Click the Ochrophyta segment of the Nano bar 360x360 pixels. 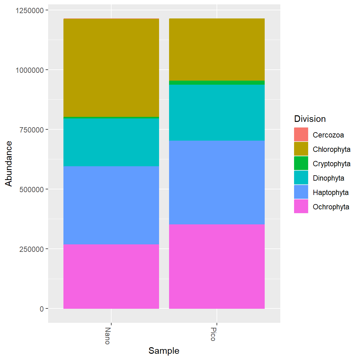111,276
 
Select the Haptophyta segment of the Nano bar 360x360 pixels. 111,205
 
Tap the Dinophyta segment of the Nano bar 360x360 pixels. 111,142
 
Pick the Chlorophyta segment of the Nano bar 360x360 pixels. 111,67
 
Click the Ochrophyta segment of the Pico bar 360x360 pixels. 217,266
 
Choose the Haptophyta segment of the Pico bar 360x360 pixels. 217,182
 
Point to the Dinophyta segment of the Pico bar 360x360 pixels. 217,112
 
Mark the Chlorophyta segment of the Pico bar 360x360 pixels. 217,49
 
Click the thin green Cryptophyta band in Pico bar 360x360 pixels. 217,83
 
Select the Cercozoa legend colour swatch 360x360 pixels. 301,135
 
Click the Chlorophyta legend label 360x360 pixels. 331,149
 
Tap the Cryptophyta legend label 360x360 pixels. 331,164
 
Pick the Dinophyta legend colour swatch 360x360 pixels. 301,178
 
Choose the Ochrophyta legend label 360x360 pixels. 331,207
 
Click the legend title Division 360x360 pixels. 310,119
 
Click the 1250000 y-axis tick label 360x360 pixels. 29,10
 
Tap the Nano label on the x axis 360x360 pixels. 107,336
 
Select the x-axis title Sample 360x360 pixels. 164,351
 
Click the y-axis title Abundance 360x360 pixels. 8,163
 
